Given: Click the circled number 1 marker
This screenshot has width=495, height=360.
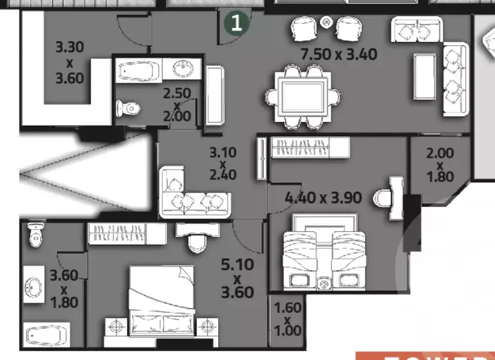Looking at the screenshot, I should (x=237, y=23).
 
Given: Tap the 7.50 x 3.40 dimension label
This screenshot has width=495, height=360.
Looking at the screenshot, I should (x=339, y=54).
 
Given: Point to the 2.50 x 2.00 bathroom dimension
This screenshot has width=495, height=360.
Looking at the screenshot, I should (x=177, y=105).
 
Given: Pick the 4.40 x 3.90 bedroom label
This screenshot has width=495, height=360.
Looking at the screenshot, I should (x=323, y=197).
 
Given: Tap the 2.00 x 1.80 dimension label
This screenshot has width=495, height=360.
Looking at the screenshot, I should (x=440, y=164).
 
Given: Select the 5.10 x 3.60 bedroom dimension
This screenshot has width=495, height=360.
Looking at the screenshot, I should (x=237, y=278).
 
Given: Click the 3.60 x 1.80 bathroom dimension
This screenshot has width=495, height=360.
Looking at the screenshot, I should (x=64, y=289).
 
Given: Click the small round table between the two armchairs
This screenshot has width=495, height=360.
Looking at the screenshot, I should (x=326, y=22).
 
